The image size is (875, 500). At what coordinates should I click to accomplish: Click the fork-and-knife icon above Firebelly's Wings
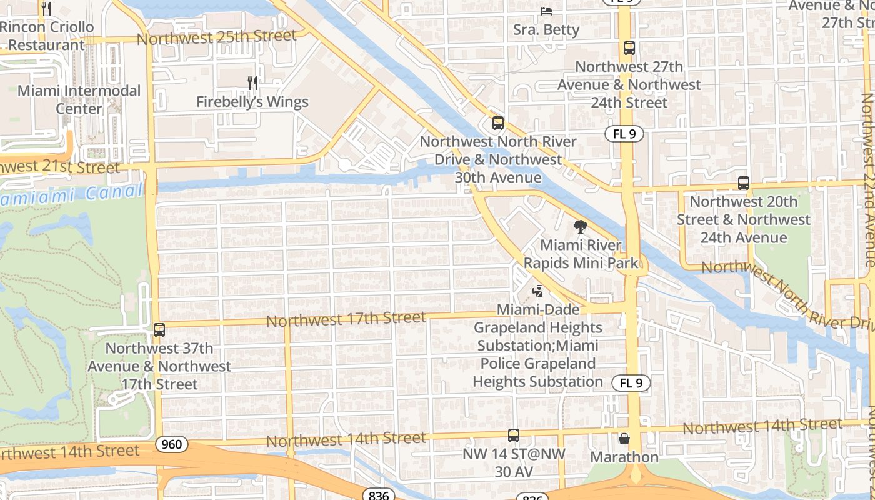(252, 83)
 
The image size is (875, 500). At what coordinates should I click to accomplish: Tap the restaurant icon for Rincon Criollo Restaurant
(46, 8)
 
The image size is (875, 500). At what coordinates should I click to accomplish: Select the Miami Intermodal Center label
(79, 99)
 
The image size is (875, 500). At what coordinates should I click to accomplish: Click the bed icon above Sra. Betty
(546, 11)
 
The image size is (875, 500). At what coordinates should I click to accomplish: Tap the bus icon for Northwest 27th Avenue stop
(629, 48)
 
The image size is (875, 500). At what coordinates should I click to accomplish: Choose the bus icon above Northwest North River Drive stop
(497, 123)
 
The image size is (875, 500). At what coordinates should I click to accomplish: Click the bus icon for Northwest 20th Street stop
(743, 183)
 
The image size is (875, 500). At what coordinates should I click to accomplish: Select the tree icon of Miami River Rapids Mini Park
(581, 227)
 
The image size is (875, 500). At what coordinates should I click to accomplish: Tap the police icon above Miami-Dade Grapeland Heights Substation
(537, 291)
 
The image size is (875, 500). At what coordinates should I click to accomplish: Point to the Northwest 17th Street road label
(346, 319)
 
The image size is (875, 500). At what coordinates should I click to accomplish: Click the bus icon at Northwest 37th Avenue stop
(159, 329)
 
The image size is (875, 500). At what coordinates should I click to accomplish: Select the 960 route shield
(171, 444)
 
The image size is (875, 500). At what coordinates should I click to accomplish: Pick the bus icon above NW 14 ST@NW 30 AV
(513, 436)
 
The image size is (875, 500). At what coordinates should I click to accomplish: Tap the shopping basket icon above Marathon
(624, 439)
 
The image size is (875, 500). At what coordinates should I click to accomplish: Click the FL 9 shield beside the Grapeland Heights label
(631, 383)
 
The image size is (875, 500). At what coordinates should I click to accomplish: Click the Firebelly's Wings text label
(252, 102)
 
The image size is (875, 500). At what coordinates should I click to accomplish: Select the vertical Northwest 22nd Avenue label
(867, 181)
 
